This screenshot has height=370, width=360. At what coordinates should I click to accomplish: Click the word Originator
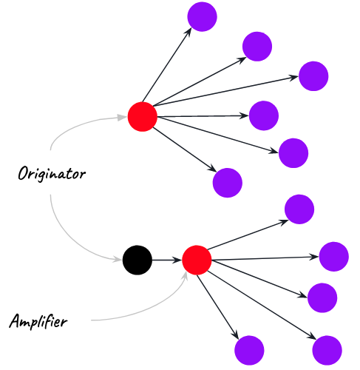click(x=52, y=174)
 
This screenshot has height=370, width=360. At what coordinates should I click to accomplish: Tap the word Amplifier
click(x=38, y=321)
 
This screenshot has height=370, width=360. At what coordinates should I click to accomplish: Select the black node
click(x=137, y=260)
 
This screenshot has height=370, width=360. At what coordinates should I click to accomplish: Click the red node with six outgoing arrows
click(x=143, y=116)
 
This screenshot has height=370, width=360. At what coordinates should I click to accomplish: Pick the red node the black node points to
click(x=197, y=260)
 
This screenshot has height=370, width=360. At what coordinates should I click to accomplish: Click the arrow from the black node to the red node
click(x=167, y=260)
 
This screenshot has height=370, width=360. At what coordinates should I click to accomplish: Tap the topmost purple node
click(x=202, y=17)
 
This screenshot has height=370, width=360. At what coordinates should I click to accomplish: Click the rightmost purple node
click(x=333, y=257)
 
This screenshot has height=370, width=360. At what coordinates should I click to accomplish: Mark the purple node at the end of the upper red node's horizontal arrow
click(x=264, y=115)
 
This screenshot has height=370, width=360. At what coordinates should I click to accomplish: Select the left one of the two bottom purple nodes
click(x=249, y=350)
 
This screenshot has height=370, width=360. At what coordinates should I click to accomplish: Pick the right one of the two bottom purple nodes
click(x=327, y=350)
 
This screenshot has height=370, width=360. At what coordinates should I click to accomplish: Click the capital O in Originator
click(x=24, y=172)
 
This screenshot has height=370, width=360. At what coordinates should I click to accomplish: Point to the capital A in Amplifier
click(x=16, y=321)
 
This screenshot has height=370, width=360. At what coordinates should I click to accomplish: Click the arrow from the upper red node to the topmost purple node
click(x=167, y=64)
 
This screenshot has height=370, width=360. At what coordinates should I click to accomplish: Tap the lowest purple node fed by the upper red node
click(x=228, y=183)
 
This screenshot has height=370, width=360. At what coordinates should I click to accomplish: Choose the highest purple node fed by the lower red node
click(x=299, y=209)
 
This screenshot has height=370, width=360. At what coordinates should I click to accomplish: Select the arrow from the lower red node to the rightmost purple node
click(x=265, y=258)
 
